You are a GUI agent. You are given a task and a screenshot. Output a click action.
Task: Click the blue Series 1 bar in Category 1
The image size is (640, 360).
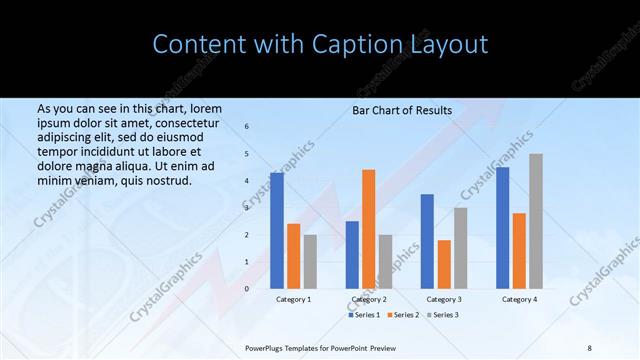pos(277,231)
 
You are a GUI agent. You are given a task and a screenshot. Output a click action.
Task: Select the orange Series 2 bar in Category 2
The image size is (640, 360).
pos(369,229)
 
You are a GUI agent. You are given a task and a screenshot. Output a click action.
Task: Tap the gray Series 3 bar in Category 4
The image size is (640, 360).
pos(536,221)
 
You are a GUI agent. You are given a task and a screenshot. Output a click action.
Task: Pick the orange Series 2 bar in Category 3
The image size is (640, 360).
pos(444,264)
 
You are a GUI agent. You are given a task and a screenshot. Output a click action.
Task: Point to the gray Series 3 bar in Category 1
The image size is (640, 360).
pos(310,262)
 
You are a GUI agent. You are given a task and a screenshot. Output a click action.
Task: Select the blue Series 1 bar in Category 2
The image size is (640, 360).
pos(352,255)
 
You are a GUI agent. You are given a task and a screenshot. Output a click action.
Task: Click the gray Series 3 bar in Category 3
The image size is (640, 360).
pos(460,248)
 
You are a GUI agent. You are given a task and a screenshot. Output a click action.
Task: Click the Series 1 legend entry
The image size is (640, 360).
pos(363,315)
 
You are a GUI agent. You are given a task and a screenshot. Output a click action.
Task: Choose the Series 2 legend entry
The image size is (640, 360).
pos(401,315)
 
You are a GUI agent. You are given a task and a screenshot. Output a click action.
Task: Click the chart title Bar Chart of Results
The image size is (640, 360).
pos(402,110)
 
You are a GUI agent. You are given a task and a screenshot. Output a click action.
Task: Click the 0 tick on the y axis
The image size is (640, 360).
pos(247,289)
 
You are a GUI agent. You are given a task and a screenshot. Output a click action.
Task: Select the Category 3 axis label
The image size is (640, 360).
pos(444,299)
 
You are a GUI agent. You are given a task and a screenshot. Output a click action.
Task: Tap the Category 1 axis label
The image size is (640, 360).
pos(293,299)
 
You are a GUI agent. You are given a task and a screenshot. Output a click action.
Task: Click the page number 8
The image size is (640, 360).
pos(588,346)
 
